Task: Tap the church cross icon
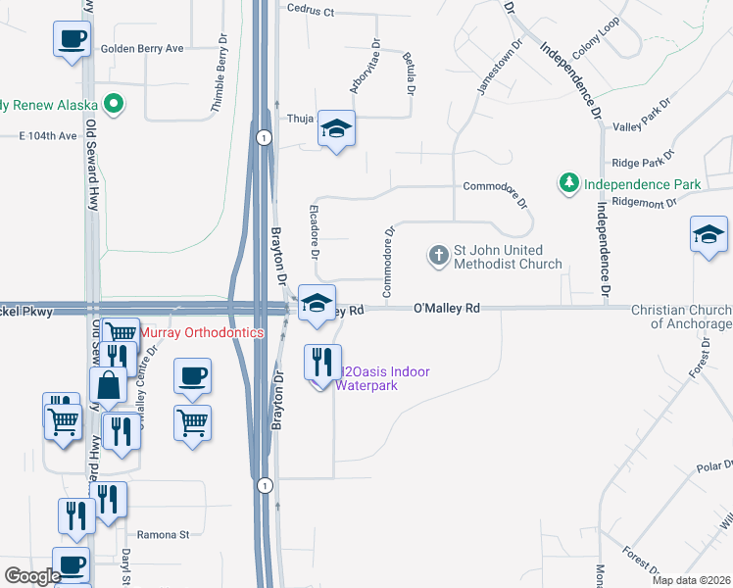coord(438,256)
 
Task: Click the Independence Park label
coord(642,183)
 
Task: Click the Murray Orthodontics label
coord(203,333)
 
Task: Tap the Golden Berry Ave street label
coord(142,48)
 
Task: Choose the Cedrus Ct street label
coord(311,12)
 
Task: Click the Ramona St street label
coord(163,535)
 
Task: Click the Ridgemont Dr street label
coord(644,203)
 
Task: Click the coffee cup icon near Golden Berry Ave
coord(72,40)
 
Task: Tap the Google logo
coord(31,577)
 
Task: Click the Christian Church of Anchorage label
coord(681,316)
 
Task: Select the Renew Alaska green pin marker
coord(115,103)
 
